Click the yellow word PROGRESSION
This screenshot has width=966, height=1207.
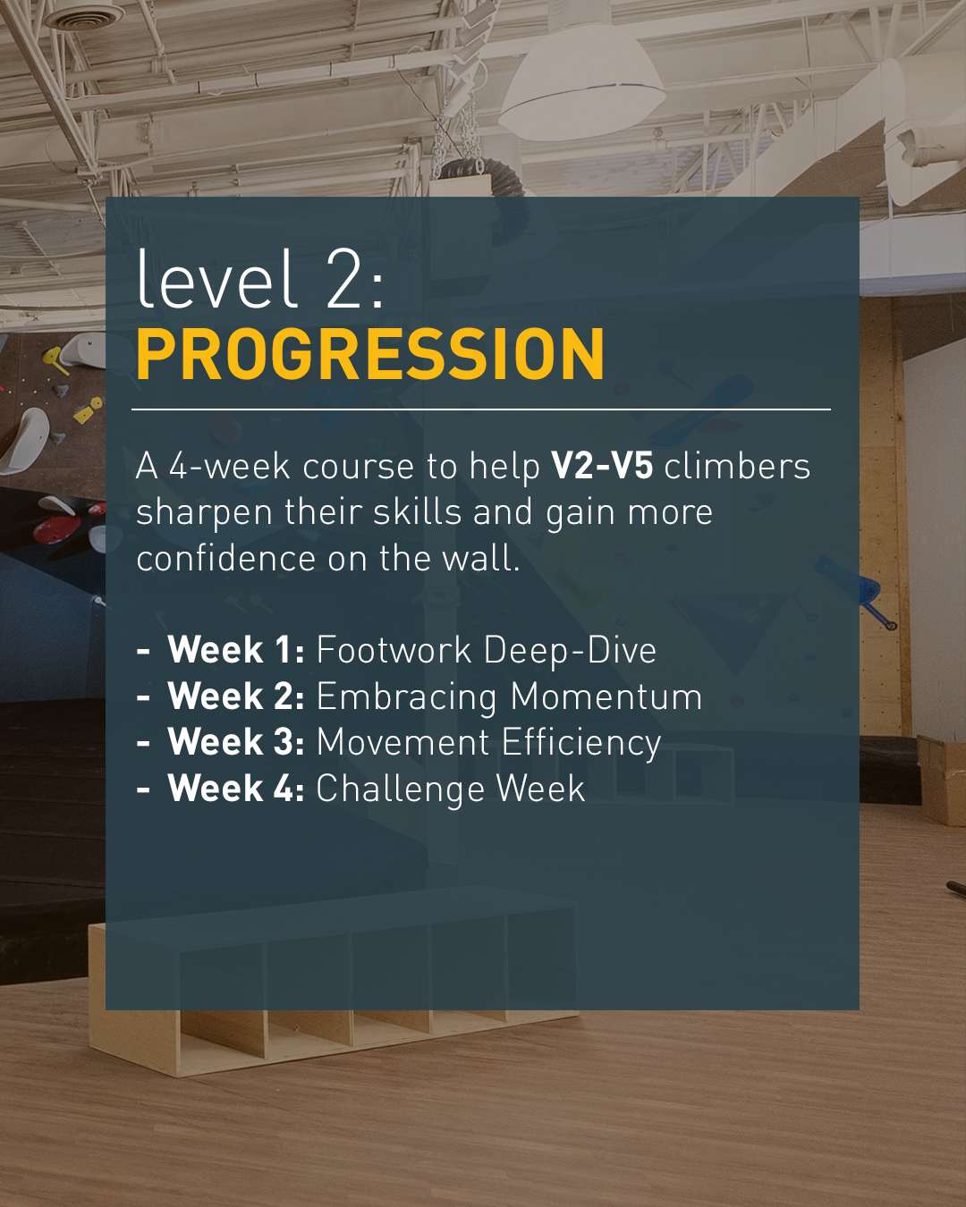(x=370, y=354)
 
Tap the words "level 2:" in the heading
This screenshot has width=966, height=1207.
(x=260, y=279)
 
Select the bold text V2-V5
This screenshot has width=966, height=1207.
(x=602, y=466)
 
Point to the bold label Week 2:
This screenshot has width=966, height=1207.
(x=236, y=696)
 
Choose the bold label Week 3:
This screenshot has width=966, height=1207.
(x=236, y=742)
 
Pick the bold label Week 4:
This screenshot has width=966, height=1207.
(x=236, y=788)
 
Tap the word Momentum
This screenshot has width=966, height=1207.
(x=606, y=696)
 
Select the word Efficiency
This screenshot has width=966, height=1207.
(x=581, y=744)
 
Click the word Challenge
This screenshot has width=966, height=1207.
(x=400, y=789)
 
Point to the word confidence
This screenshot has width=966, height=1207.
(x=225, y=558)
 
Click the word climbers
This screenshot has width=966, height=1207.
(x=738, y=466)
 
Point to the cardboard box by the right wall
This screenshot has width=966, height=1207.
(x=942, y=779)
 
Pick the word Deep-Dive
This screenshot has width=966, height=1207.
(x=570, y=651)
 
